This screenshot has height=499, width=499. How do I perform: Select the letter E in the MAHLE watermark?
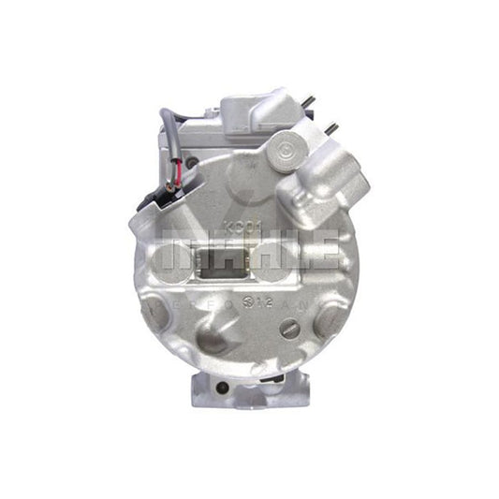[x=324, y=251]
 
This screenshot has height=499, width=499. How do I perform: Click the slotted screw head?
[x=291, y=330]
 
